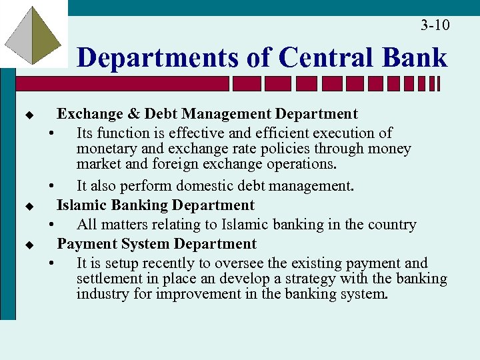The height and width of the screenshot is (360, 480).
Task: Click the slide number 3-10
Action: [x=435, y=25]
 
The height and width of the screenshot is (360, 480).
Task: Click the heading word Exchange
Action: [x=85, y=115]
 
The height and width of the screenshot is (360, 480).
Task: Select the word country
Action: [x=393, y=225]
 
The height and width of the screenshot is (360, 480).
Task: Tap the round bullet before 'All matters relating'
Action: [x=51, y=225]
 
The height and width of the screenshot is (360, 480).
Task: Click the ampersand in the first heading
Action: [x=147, y=115]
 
